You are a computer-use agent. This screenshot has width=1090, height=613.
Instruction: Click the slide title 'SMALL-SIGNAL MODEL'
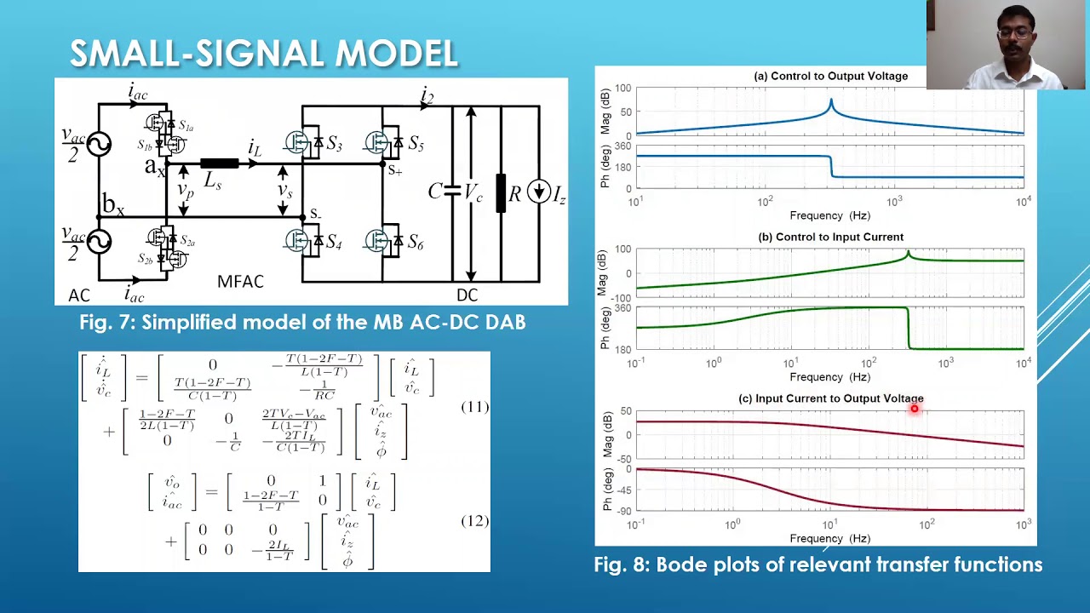(264, 54)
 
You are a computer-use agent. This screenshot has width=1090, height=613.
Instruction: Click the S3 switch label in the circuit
(334, 144)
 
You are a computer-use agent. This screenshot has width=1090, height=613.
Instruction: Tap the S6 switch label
(415, 243)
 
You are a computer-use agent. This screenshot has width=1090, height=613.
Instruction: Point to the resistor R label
(514, 193)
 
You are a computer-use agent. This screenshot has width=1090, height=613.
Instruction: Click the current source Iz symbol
(538, 192)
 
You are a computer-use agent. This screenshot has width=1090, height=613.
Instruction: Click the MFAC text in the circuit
(240, 282)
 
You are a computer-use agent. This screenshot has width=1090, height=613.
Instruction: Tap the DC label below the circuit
(467, 295)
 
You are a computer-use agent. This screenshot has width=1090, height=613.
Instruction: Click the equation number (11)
(474, 407)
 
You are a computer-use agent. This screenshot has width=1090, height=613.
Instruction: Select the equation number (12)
(474, 520)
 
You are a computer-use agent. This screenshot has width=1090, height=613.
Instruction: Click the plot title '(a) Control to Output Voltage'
(830, 77)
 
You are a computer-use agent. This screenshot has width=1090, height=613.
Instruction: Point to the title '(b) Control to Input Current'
(830, 238)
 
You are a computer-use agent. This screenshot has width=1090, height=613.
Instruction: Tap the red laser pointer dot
(915, 409)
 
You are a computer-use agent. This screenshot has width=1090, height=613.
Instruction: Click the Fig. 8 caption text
(817, 564)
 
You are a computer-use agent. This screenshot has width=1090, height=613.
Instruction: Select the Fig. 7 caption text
(302, 322)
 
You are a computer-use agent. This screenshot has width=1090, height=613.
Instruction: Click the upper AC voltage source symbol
(99, 144)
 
